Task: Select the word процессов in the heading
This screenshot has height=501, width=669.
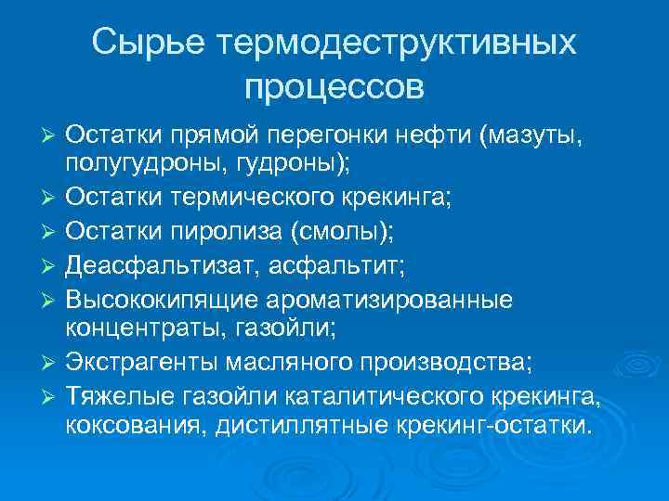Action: pyautogui.click(x=334, y=87)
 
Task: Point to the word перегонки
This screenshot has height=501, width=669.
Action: pyautogui.click(x=321, y=136)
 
